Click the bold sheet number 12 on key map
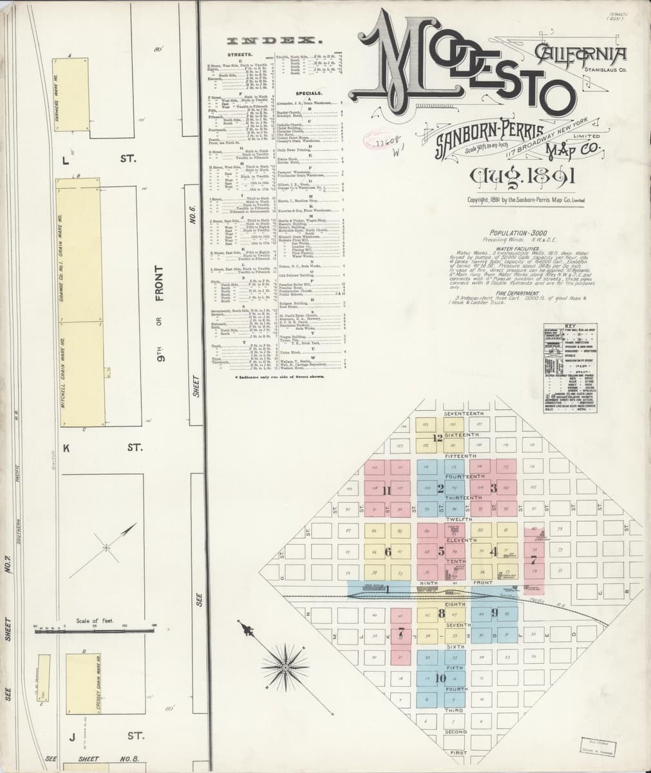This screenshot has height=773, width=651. point(438,439)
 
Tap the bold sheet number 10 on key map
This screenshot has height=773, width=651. point(440,678)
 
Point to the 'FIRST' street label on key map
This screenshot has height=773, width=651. point(458,752)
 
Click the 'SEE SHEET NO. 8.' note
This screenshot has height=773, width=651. point(90,759)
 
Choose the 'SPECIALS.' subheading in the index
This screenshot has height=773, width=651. point(308,94)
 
